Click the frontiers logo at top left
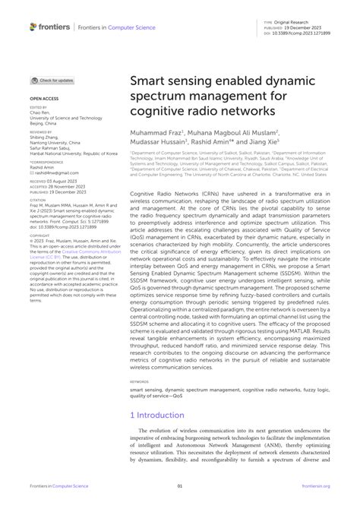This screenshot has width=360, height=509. (50, 27)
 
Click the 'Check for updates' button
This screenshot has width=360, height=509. (52, 80)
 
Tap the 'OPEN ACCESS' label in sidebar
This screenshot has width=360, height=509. (45, 99)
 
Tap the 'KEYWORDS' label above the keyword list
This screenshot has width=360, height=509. (139, 382)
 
